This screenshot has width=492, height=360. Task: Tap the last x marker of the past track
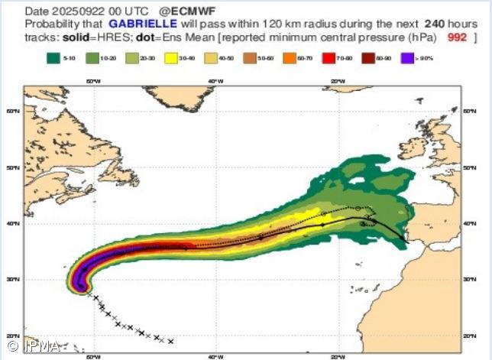click(x=171, y=342)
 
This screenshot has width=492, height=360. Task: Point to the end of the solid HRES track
click(x=404, y=241)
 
